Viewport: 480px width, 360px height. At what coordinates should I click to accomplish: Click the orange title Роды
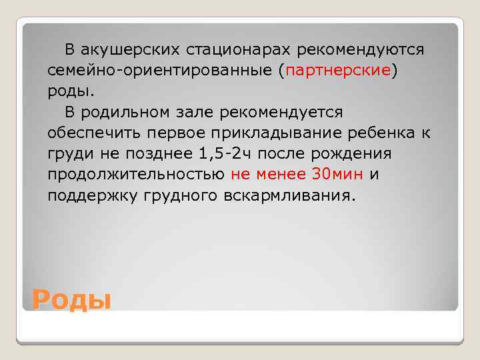coord(71,299)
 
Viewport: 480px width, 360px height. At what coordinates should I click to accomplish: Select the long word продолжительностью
coord(136,175)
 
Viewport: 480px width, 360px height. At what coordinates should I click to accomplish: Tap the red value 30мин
coord(337,175)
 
